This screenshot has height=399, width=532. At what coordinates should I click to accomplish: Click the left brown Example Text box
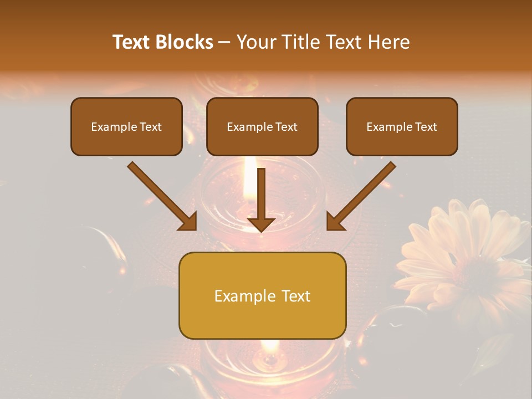coord(126,127)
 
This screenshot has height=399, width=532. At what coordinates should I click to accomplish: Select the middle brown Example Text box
coord(262,127)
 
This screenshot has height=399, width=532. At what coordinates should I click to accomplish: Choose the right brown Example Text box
coord(402,127)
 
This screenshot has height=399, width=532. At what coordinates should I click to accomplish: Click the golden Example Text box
coord(262,296)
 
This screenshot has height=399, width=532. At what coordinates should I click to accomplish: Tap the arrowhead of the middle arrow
coord(261,223)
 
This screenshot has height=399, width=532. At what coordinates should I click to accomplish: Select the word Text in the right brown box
coord(426,127)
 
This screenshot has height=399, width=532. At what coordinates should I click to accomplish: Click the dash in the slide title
coord(224,43)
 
